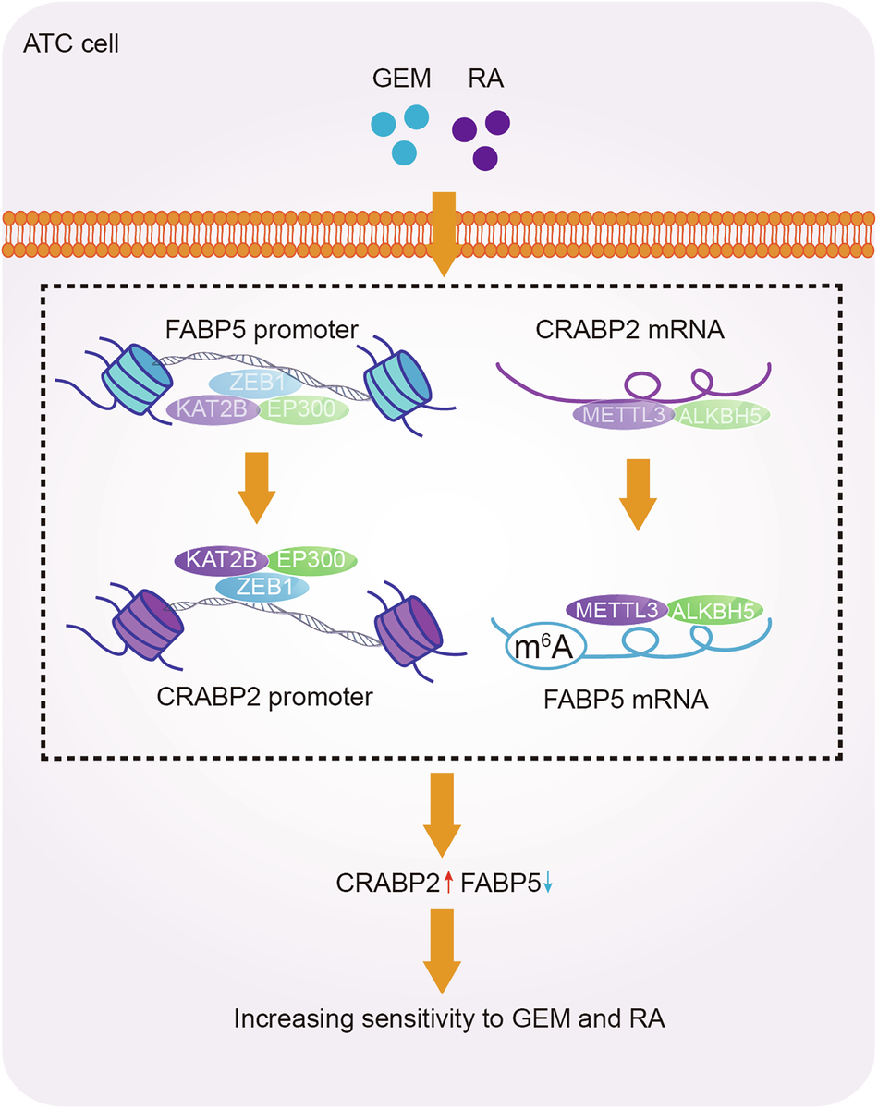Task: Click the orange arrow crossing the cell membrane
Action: click(445, 231)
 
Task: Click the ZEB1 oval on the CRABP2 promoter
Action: click(262, 587)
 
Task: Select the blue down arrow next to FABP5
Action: click(548, 885)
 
